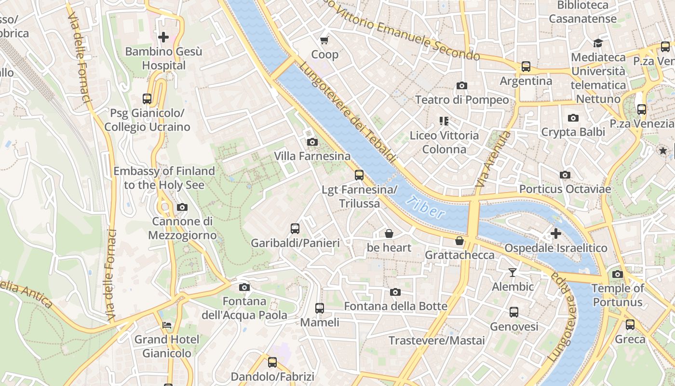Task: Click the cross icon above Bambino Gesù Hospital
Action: click(x=163, y=37)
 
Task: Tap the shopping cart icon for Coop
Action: click(x=324, y=40)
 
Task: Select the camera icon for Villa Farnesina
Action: click(x=312, y=142)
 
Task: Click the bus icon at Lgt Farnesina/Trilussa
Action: click(x=359, y=175)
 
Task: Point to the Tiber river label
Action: click(x=425, y=207)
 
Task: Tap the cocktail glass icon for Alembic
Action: click(x=512, y=273)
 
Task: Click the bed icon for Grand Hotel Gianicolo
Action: click(x=167, y=325)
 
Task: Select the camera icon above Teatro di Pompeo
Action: click(x=461, y=85)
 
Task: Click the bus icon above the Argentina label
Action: click(x=526, y=67)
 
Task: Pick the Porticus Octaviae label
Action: click(x=565, y=189)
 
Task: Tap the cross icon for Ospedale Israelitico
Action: click(x=555, y=234)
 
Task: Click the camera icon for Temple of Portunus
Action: click(x=617, y=274)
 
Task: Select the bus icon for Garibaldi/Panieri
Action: click(x=295, y=228)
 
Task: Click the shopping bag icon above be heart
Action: click(x=389, y=234)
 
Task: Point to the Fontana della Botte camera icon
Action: click(x=395, y=292)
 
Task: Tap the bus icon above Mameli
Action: click(x=319, y=308)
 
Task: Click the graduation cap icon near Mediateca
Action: click(x=598, y=43)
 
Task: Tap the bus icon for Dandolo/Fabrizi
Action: click(x=272, y=362)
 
